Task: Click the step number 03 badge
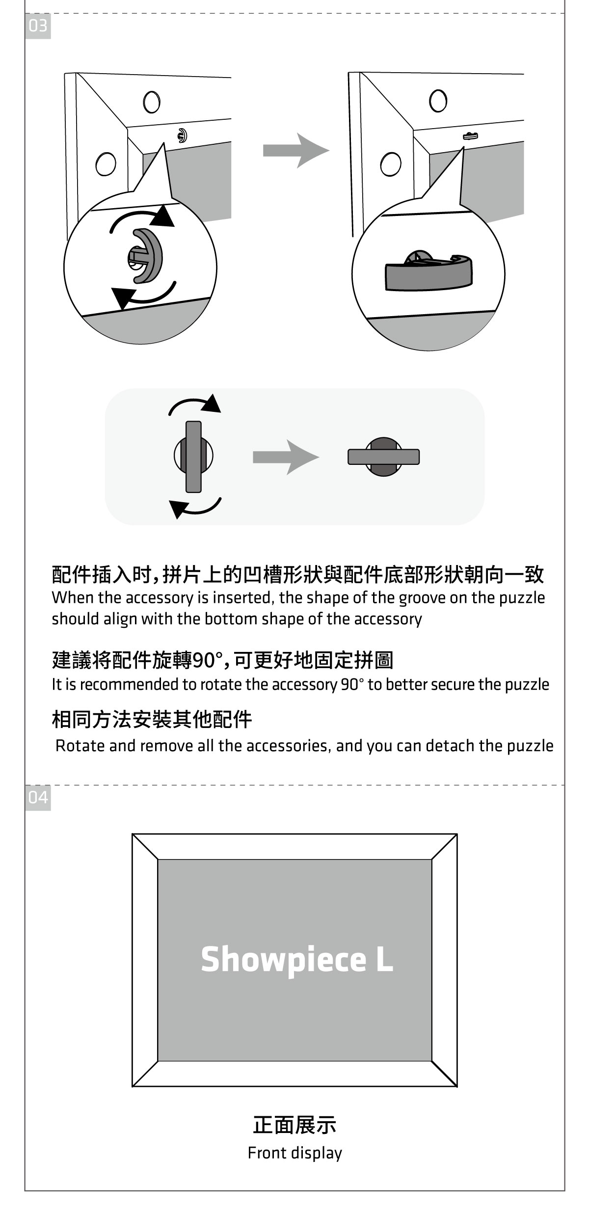[38, 26]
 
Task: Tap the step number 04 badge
[38, 797]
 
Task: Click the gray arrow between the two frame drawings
[295, 150]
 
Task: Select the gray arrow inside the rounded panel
[285, 457]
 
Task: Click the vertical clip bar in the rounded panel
[194, 457]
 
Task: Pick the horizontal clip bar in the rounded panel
[384, 457]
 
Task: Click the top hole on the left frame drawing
[152, 102]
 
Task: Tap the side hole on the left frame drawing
[106, 164]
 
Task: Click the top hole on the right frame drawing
[438, 101]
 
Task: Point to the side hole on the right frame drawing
[390, 164]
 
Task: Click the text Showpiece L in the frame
[297, 959]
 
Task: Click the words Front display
[294, 1153]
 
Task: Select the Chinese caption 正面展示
[294, 1125]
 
